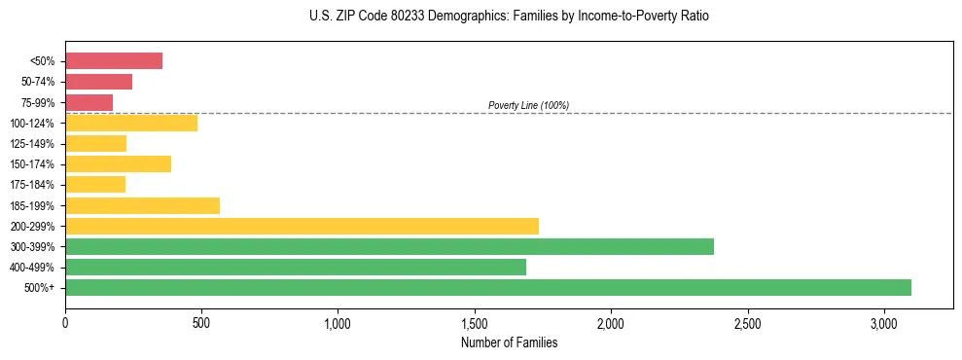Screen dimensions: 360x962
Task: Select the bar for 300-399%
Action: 389,246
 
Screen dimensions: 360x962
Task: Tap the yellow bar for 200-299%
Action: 302,226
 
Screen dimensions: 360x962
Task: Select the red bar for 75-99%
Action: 89,102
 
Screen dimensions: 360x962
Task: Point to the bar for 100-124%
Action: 131,123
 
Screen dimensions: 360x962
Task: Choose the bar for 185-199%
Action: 143,205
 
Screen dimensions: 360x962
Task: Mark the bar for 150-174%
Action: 118,163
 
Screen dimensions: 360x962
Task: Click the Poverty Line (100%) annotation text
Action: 528,105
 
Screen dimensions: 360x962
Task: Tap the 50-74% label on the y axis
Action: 37,82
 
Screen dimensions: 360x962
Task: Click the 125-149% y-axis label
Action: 34,144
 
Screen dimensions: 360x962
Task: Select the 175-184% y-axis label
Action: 34,185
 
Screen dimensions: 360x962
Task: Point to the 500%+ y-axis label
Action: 41,288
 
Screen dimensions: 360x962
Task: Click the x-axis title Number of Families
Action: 509,342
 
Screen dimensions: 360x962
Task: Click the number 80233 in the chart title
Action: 385,17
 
